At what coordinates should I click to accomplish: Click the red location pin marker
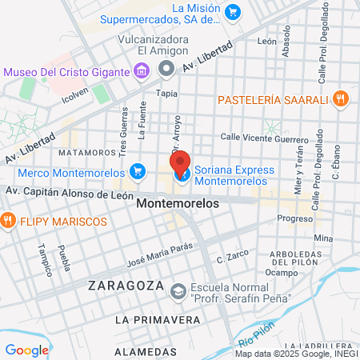click(180, 162)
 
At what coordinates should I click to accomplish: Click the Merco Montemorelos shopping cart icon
click(138, 171)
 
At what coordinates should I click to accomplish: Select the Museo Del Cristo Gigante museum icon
click(141, 72)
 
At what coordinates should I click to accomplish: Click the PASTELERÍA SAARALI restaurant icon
click(341, 99)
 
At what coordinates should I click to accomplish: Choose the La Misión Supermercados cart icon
click(233, 11)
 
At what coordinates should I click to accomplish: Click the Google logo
click(26, 350)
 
